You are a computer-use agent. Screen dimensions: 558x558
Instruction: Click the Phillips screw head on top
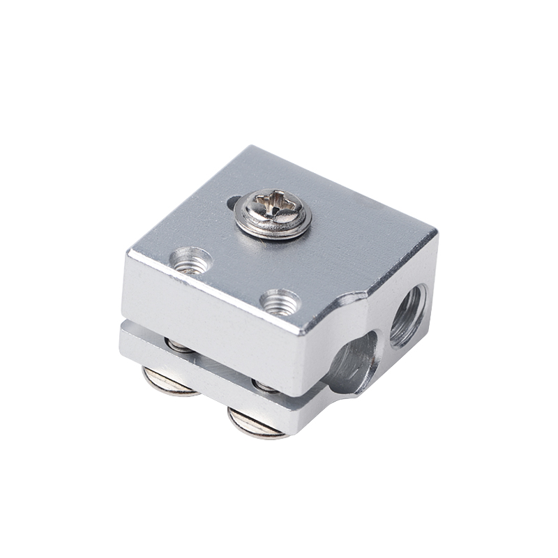pyautogui.click(x=273, y=212)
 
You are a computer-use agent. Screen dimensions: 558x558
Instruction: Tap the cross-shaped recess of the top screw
pyautogui.click(x=272, y=207)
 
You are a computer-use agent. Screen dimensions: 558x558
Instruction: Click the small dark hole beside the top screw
pyautogui.click(x=232, y=202)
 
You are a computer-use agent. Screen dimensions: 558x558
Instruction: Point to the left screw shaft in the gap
pyautogui.click(x=179, y=345)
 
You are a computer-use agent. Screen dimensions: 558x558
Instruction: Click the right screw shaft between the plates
pyautogui.click(x=266, y=386)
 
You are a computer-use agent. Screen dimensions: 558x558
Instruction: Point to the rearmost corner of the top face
pyautogui.click(x=259, y=147)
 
